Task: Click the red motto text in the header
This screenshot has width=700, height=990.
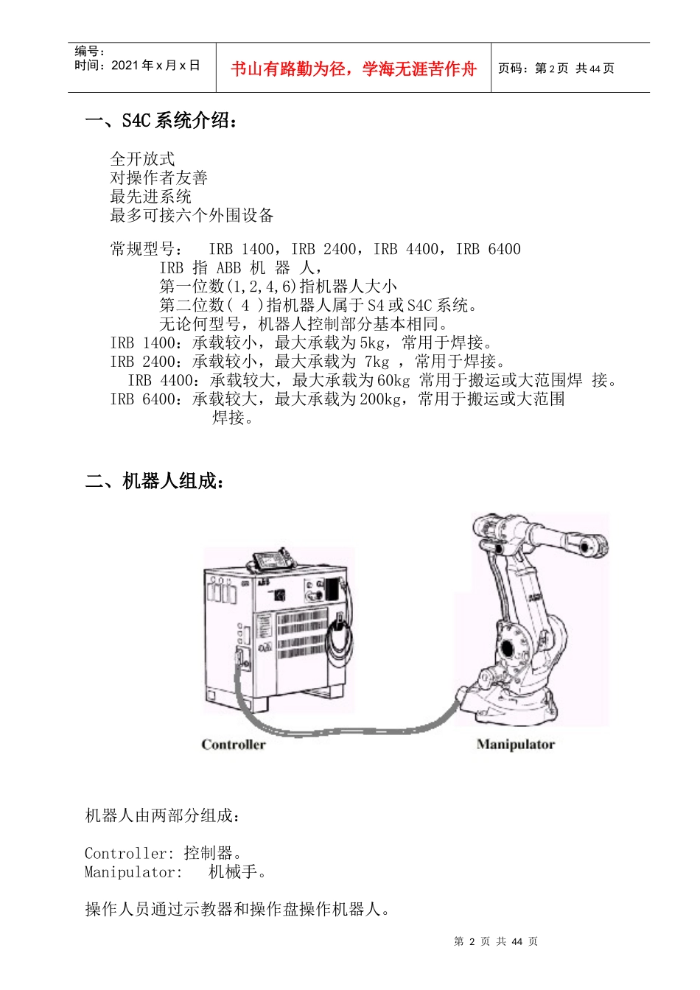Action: (354, 69)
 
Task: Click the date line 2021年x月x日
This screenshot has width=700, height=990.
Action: (137, 66)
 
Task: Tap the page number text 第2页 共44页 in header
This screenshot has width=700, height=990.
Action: (556, 69)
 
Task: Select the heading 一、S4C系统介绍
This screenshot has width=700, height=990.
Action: (162, 121)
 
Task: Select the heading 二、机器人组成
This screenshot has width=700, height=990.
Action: (155, 482)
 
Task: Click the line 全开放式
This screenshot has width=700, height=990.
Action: (142, 158)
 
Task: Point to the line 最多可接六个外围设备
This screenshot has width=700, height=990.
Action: (192, 215)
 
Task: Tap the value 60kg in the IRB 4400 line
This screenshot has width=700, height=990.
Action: (393, 380)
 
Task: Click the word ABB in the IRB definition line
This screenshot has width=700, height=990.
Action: (228, 268)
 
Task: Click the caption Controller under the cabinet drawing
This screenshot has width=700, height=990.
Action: (234, 745)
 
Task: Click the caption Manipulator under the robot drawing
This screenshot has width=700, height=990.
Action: (515, 745)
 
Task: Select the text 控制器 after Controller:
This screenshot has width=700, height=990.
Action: (209, 853)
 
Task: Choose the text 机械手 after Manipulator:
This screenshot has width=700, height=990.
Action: (234, 872)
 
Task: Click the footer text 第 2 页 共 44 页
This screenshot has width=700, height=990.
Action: (496, 941)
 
